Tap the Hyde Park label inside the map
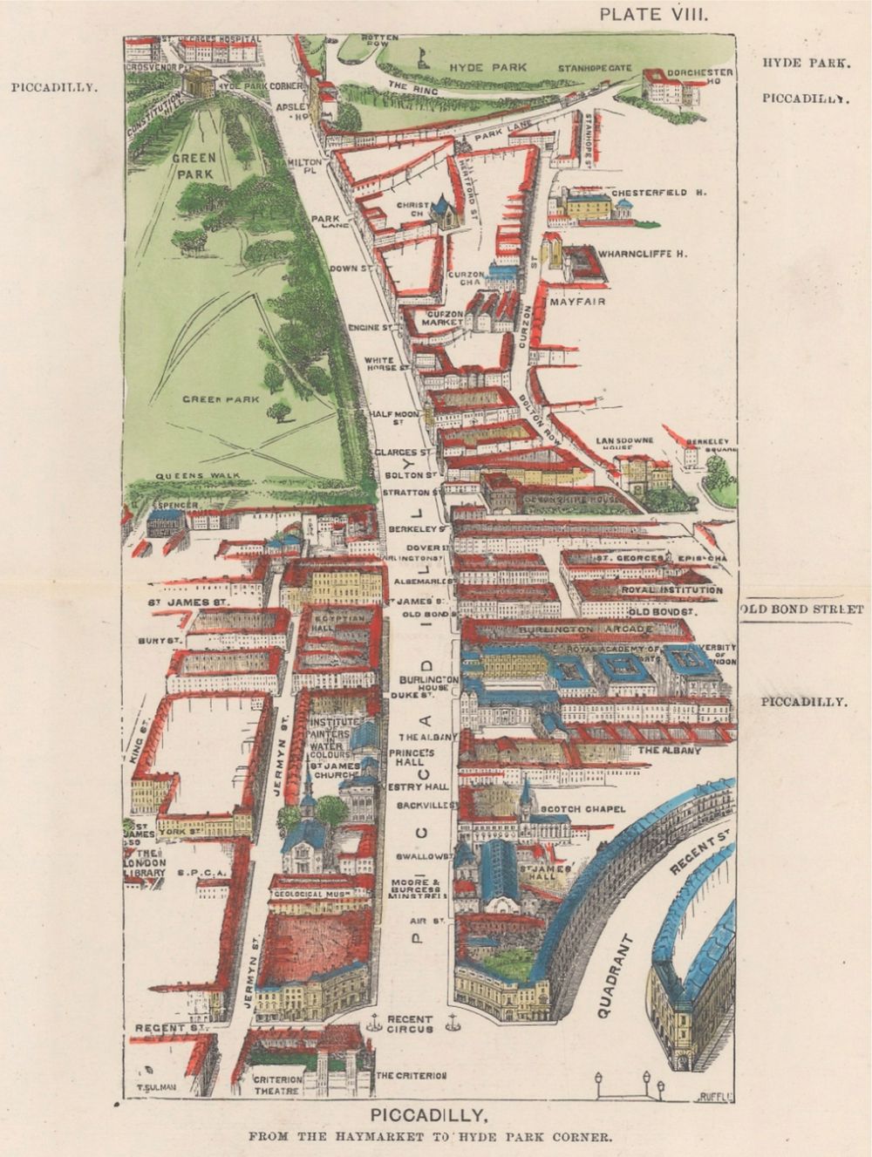(x=478, y=67)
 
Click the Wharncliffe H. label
(x=644, y=254)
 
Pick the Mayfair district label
(x=578, y=302)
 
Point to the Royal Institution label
(x=671, y=590)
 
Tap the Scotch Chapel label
(x=583, y=809)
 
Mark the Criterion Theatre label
(x=277, y=1085)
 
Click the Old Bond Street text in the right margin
(x=802, y=609)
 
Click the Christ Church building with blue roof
(x=446, y=211)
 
